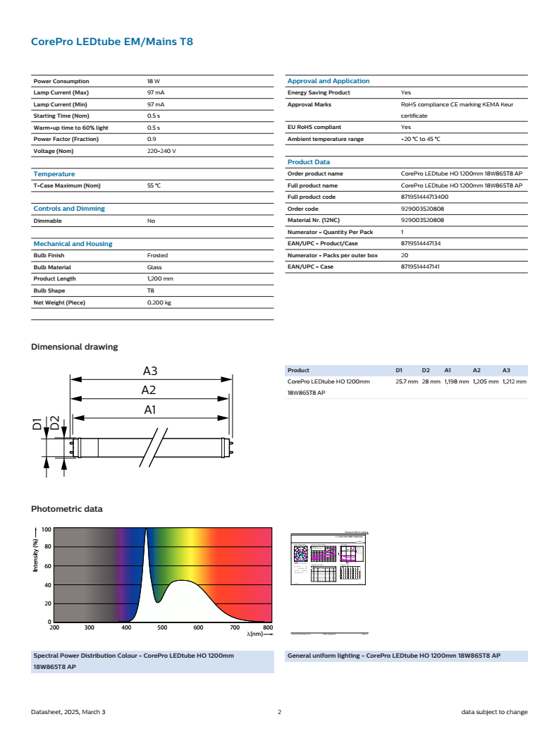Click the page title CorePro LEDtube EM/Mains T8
pyautogui.click(x=112, y=42)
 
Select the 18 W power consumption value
pyautogui.click(x=154, y=81)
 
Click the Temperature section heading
pyautogui.click(x=54, y=174)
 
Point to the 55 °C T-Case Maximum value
pyautogui.click(x=154, y=185)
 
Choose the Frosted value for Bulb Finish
pyautogui.click(x=157, y=255)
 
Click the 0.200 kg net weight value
pyautogui.click(x=159, y=302)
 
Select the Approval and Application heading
pyautogui.click(x=328, y=81)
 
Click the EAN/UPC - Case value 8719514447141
pyautogui.click(x=426, y=266)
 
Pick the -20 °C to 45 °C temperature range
pyautogui.click(x=421, y=139)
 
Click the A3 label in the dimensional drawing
pyautogui.click(x=150, y=371)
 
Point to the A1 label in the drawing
pyautogui.click(x=150, y=409)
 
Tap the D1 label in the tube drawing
pyautogui.click(x=38, y=425)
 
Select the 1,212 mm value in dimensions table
pyautogui.click(x=514, y=381)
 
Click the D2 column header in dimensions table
pyautogui.click(x=426, y=370)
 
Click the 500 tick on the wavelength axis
pyautogui.click(x=161, y=627)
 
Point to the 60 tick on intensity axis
pyautogui.click(x=47, y=566)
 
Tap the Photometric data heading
pyautogui.click(x=67, y=509)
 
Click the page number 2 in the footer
pyautogui.click(x=279, y=712)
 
